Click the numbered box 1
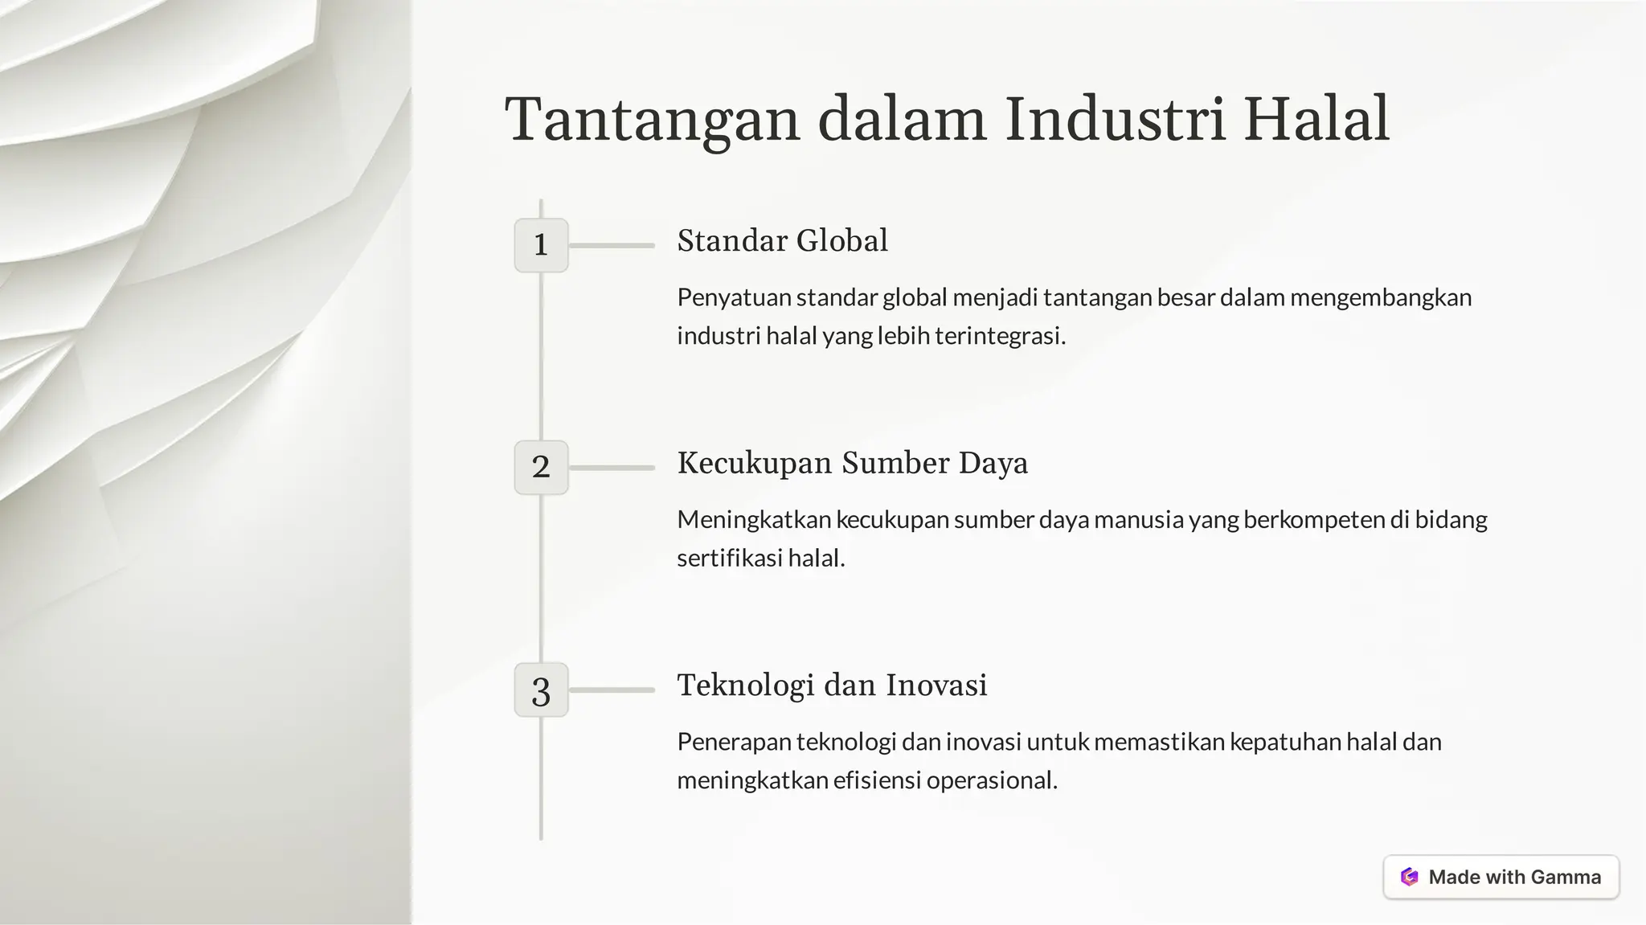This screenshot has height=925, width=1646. pyautogui.click(x=541, y=245)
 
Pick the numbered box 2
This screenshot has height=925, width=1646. pyautogui.click(x=541, y=467)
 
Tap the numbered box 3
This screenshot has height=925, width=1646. pyautogui.click(x=541, y=690)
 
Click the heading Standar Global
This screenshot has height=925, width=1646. pyautogui.click(x=782, y=240)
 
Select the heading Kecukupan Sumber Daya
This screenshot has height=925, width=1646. pyautogui.click(x=852, y=463)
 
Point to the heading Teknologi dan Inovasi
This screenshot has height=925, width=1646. pyautogui.click(x=832, y=685)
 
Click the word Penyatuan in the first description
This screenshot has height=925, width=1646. pyautogui.click(x=734, y=297)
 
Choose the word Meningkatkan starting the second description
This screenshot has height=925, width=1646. pyautogui.click(x=753, y=520)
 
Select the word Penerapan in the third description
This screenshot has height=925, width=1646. pyautogui.click(x=734, y=742)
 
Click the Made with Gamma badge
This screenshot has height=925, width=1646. pyautogui.click(x=1501, y=877)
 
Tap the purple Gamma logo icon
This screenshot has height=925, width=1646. pyautogui.click(x=1409, y=877)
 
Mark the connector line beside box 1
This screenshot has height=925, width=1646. pyautogui.click(x=612, y=245)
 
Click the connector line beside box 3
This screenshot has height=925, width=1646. pyautogui.click(x=612, y=690)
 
